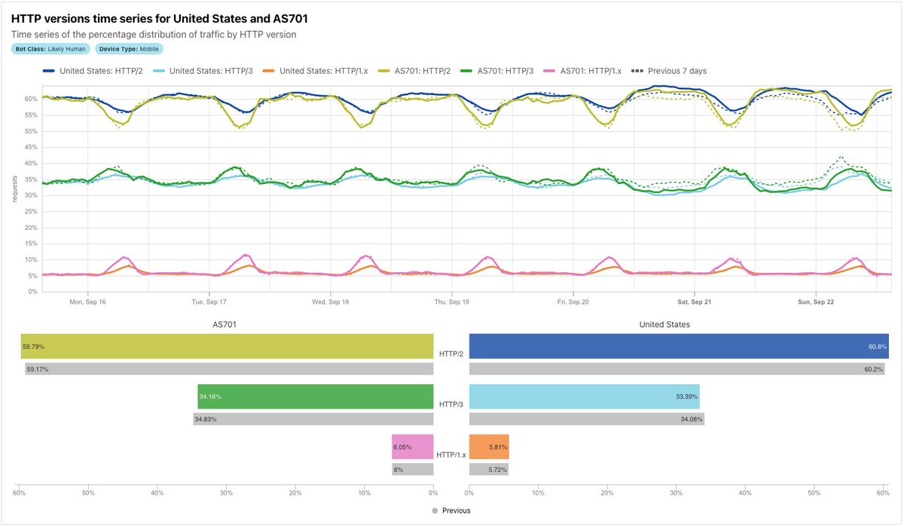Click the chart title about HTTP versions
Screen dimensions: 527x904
click(159, 19)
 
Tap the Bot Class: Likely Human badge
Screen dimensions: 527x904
click(51, 49)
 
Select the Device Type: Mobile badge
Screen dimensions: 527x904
click(130, 49)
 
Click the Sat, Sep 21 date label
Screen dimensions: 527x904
click(694, 302)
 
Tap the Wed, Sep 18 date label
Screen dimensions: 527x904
click(330, 302)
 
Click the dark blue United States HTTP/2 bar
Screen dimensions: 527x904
click(678, 346)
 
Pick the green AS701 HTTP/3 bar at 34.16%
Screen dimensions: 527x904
click(316, 397)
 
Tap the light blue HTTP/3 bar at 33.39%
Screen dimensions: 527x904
click(584, 397)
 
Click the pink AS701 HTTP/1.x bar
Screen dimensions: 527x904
click(412, 447)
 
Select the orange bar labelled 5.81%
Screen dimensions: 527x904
click(489, 447)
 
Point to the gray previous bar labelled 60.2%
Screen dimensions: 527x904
click(678, 369)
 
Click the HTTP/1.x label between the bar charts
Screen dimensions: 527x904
click(451, 455)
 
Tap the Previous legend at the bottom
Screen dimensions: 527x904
click(451, 510)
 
